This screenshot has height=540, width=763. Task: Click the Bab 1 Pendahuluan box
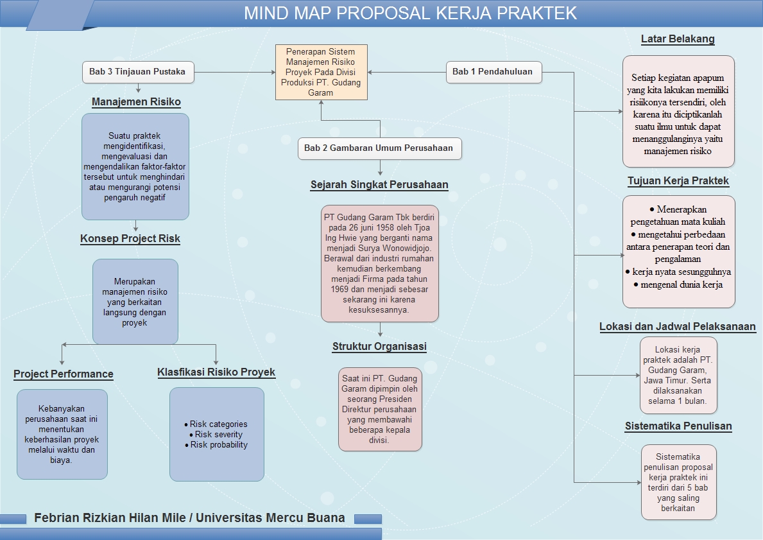[493, 72]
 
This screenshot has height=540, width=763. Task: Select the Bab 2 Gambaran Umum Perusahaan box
[379, 148]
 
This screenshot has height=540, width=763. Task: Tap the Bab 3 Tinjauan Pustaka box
[137, 72]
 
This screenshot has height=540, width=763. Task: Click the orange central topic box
[321, 71]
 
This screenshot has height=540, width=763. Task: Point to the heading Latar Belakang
[678, 39]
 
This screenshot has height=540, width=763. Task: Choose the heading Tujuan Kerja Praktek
[678, 181]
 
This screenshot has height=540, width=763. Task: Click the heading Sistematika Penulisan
[678, 426]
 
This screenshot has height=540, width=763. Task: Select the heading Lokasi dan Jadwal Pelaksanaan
[678, 327]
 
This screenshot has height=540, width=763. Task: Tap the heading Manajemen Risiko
[136, 102]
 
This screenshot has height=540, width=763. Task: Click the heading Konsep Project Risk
[130, 239]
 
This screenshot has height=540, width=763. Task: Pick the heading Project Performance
[64, 374]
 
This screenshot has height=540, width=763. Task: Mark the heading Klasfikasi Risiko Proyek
[216, 372]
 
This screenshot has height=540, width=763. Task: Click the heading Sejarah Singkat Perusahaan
[379, 185]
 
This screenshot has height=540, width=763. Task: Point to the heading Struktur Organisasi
[379, 347]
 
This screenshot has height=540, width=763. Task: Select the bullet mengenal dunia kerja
[682, 284]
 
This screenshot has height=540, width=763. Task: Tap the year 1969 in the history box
[339, 290]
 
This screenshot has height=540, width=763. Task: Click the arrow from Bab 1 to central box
[407, 72]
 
